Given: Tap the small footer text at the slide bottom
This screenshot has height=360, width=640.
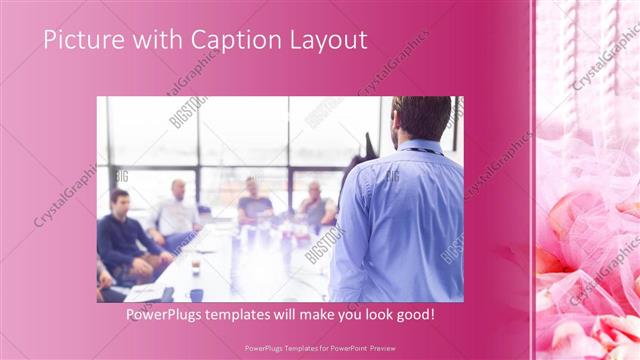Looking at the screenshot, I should point(320,349).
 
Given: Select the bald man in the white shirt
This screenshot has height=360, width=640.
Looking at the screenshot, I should point(177,210).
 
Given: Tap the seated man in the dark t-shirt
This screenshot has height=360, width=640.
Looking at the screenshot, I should point(253,200).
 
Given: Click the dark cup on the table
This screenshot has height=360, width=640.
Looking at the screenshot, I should point(196,294).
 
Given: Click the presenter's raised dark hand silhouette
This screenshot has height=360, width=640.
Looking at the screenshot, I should point(370,150).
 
